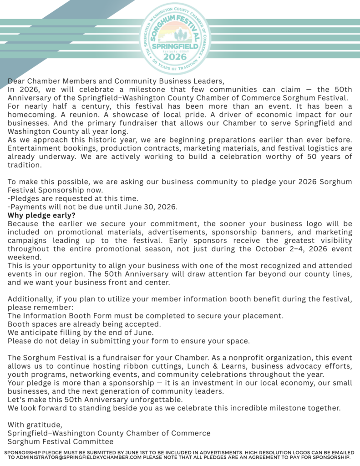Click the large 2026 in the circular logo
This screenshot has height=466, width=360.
point(175,56)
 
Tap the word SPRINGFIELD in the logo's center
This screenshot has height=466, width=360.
point(175,46)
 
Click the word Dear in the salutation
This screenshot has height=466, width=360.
point(16,81)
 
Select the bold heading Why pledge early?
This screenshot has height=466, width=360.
point(41,215)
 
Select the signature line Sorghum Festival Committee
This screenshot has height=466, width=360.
point(61,441)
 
